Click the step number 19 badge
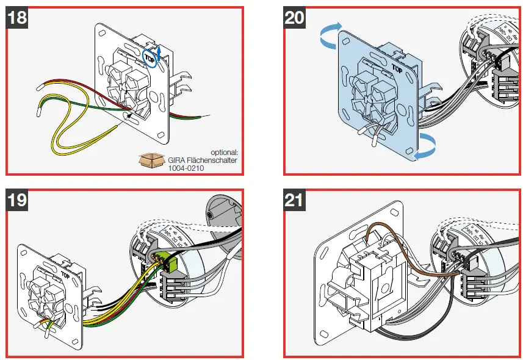[x=18, y=199]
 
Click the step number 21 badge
[x=295, y=199]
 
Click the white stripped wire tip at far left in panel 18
[x=38, y=111]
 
